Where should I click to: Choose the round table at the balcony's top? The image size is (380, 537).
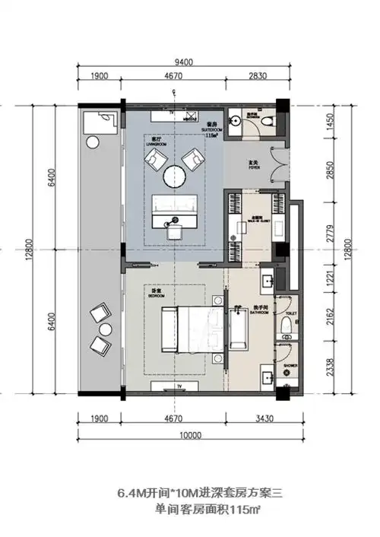coord(93,141)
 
